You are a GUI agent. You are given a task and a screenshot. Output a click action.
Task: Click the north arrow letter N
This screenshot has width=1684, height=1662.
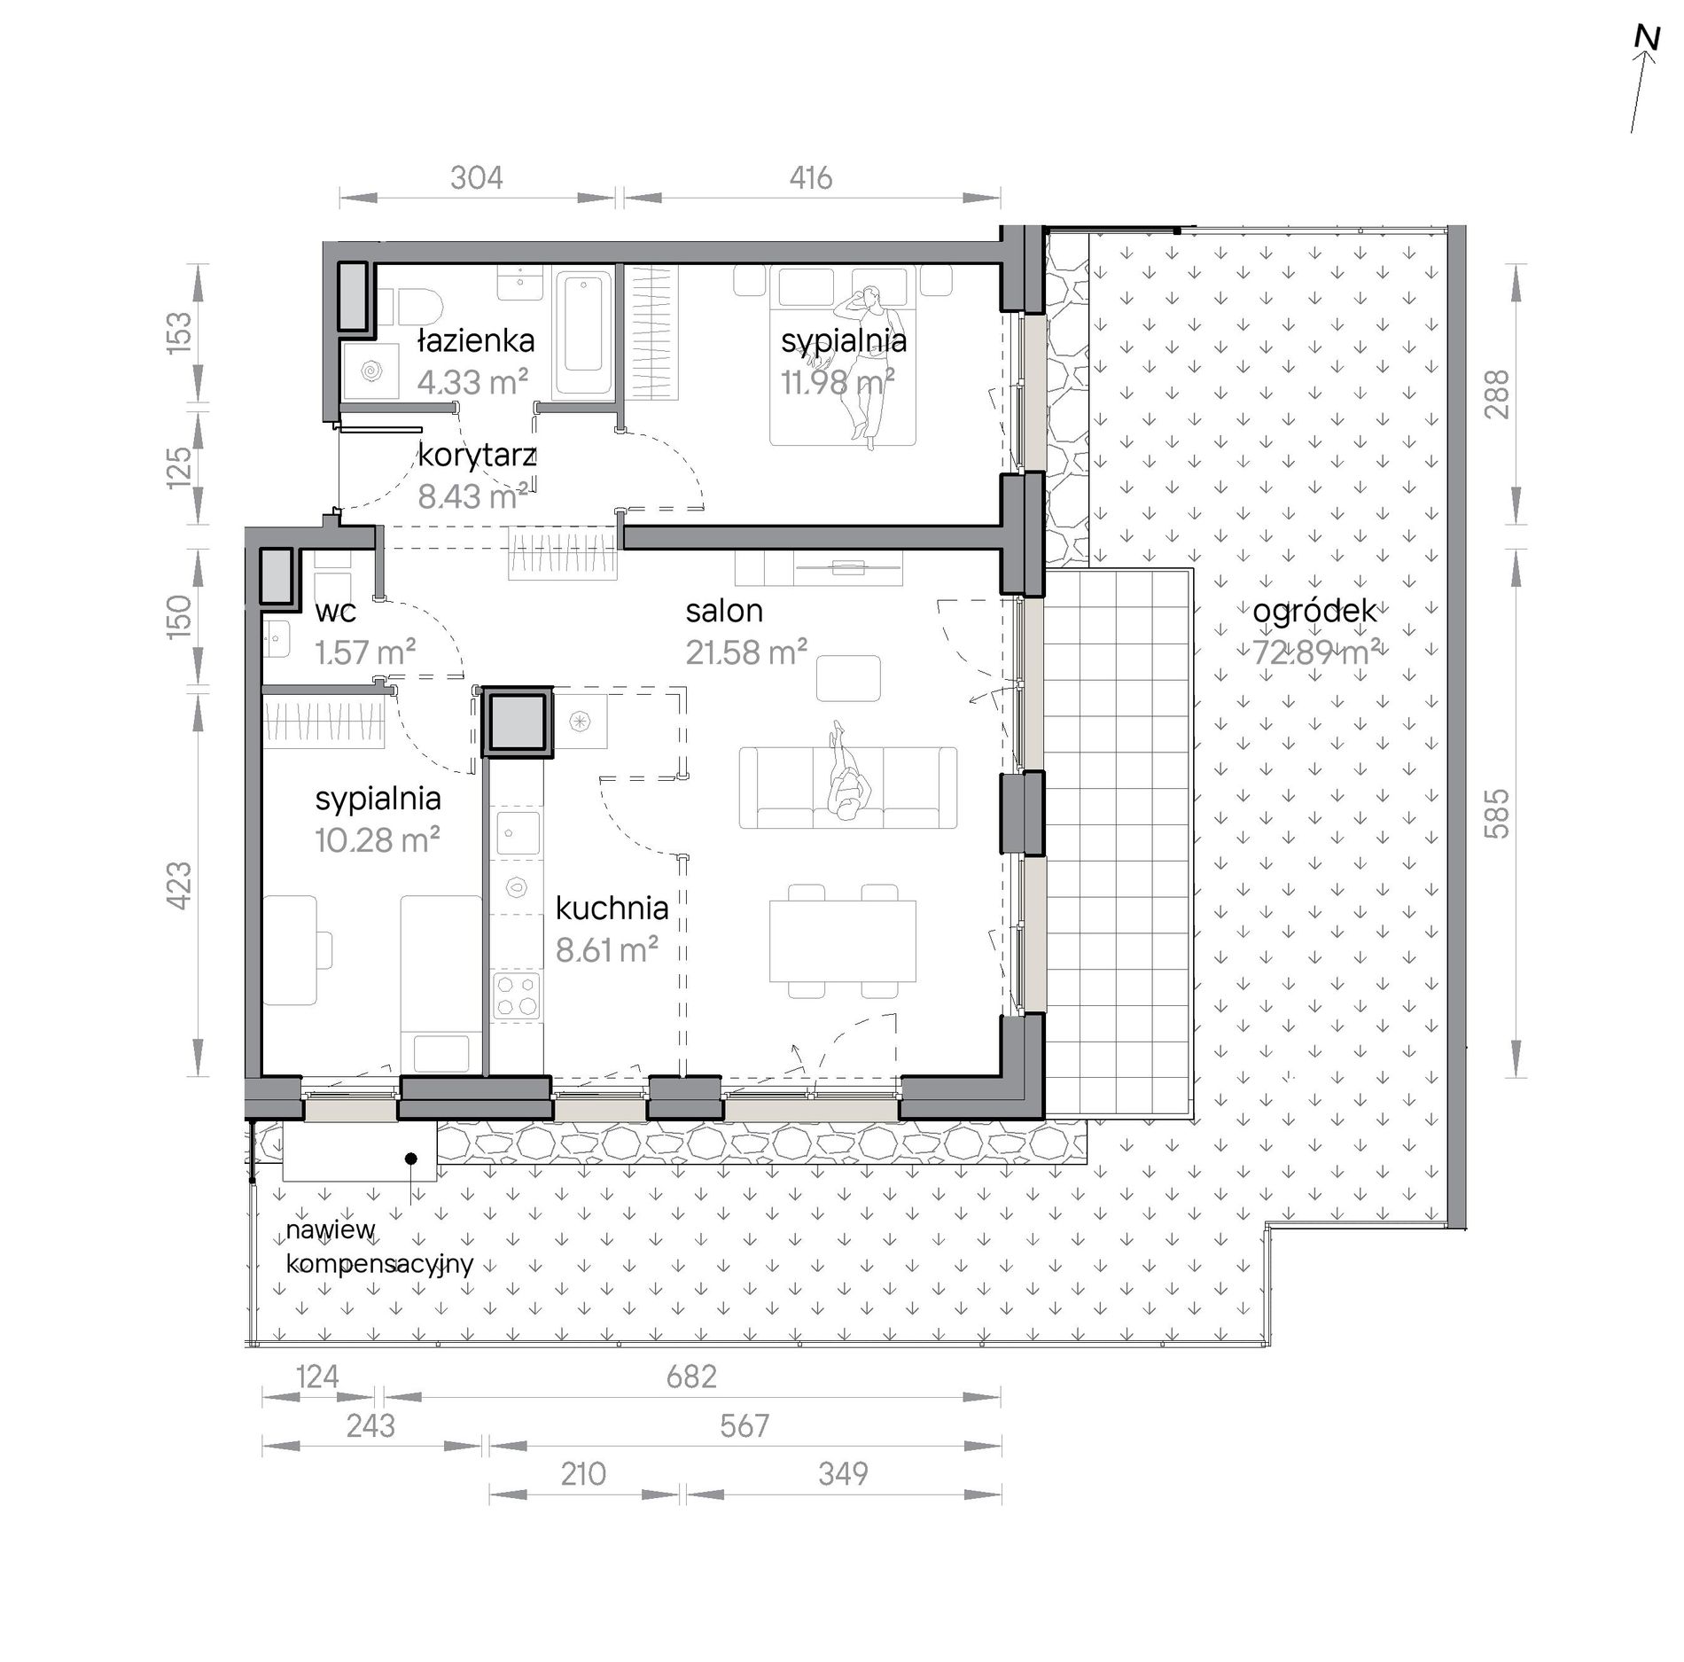point(1647,61)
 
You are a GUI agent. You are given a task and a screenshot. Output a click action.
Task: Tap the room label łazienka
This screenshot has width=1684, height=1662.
point(476,340)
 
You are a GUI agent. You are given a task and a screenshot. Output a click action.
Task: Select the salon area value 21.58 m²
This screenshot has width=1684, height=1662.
point(746,652)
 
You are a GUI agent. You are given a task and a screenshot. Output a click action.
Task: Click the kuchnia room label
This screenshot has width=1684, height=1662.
point(612,908)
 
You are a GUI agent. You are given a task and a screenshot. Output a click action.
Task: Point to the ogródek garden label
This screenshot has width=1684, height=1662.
point(1314,612)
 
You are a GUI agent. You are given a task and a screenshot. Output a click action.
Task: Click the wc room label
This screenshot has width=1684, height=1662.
point(335,612)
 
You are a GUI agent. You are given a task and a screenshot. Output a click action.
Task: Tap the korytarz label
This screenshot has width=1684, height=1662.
point(477,456)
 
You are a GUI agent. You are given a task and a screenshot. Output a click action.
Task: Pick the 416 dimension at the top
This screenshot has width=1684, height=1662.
point(811,178)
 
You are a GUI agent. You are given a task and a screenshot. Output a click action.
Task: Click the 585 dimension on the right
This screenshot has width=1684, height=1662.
point(1496,813)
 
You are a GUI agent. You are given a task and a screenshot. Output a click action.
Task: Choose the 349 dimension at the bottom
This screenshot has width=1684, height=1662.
point(843,1473)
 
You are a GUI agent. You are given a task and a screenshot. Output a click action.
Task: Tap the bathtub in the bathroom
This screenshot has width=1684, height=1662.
point(582,333)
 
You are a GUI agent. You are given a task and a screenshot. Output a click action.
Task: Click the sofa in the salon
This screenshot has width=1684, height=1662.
point(847,787)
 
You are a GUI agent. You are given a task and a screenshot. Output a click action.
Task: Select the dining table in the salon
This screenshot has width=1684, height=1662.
point(842,940)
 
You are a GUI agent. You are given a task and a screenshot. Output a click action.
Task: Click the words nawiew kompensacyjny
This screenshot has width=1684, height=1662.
point(379,1246)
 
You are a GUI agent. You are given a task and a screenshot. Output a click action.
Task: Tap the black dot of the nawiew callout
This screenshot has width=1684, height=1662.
point(410,1158)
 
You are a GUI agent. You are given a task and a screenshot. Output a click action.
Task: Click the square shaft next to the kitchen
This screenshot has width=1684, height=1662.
point(517,722)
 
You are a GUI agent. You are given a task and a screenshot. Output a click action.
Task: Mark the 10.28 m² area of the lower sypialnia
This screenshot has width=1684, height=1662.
point(378,839)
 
